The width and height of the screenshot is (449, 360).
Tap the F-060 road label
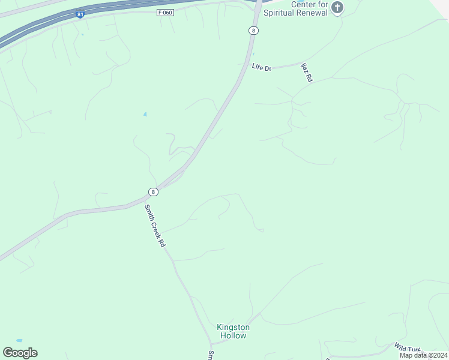coord(166,13)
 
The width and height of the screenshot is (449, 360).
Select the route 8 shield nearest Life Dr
coord(255,30)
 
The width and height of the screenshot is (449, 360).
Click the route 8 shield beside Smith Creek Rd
coord(154,192)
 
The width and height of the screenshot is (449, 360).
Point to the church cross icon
coord(338,8)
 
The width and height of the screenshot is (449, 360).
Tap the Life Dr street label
coord(262,68)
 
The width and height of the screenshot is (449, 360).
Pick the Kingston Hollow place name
coord(233,331)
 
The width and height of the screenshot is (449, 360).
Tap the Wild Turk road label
coord(408,348)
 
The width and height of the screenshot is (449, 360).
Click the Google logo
coord(20,353)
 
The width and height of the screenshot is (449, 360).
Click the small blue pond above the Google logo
coord(19,340)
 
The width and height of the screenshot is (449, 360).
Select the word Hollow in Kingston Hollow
coord(233,336)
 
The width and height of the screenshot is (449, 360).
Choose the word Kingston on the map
coord(233,327)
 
